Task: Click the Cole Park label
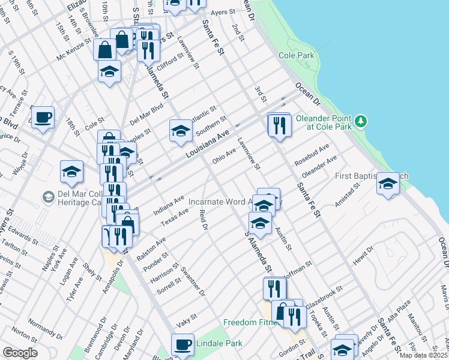(x=297, y=55)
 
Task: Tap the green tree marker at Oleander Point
(x=360, y=121)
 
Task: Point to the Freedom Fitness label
(x=249, y=322)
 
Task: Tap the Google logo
(x=20, y=353)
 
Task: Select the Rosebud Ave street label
(x=312, y=155)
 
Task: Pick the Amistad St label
(x=347, y=196)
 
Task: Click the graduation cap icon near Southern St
(x=180, y=131)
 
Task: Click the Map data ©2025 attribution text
(x=423, y=355)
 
